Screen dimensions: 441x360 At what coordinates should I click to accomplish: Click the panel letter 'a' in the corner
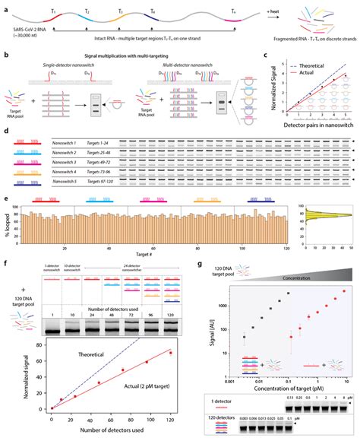(x=5, y=5)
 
